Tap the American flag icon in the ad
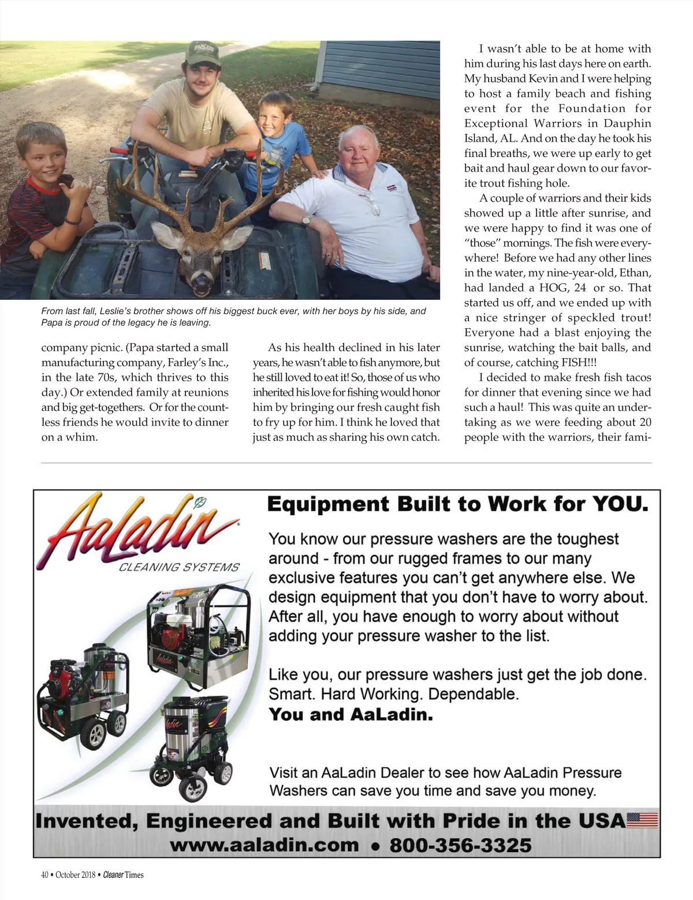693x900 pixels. [x=642, y=820]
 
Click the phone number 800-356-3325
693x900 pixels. [x=460, y=845]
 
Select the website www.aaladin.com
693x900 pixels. [x=264, y=845]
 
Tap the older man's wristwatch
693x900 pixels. [x=307, y=220]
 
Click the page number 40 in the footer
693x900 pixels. [x=45, y=875]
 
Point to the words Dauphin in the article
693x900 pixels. [x=627, y=124]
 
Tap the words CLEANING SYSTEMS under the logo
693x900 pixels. [x=179, y=567]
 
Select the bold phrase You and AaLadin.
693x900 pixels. [x=351, y=715]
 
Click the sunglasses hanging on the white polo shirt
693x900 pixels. [x=371, y=201]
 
